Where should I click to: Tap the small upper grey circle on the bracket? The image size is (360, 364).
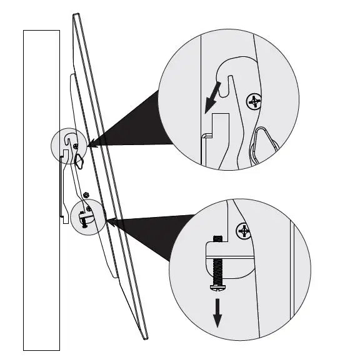(x=67, y=145)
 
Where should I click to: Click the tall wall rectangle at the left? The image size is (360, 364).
(x=41, y=188)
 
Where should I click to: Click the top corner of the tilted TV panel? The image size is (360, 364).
(x=76, y=15)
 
